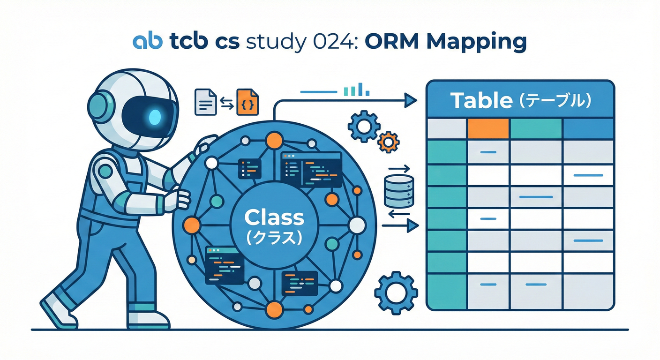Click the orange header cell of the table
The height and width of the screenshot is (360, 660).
(488, 128)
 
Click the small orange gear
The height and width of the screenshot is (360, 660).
(388, 141)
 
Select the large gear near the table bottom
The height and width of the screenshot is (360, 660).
(396, 292)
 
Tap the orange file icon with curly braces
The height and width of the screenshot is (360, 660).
(248, 102)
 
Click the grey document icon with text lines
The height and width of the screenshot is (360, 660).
(205, 102)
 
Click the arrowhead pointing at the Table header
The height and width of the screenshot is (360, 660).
(411, 99)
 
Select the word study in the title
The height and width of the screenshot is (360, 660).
(277, 42)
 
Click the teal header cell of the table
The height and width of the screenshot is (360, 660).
(535, 128)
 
